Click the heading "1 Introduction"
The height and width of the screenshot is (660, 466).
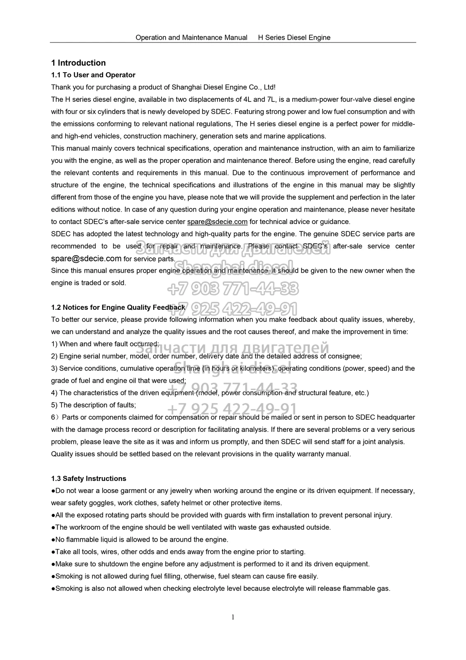78,63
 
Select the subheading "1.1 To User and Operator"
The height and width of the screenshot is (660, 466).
93,75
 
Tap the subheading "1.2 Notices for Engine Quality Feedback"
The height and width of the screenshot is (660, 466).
118,307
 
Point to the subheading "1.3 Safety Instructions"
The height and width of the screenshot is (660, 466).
89,478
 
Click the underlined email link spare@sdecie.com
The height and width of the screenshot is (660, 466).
217,222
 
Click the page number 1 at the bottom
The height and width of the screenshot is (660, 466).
233,617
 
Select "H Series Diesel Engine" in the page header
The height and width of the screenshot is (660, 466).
294,38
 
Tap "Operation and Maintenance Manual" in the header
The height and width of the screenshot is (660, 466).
191,38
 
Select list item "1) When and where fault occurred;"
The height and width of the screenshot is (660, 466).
105,344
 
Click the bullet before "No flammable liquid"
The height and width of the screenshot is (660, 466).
53,540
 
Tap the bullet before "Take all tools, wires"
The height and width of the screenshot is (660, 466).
53,552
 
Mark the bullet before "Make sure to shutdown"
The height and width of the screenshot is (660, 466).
53,564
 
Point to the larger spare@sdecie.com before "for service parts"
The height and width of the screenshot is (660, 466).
86,259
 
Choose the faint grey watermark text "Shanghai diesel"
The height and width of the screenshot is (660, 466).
233,367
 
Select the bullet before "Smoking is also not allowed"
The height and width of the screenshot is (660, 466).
53,589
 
